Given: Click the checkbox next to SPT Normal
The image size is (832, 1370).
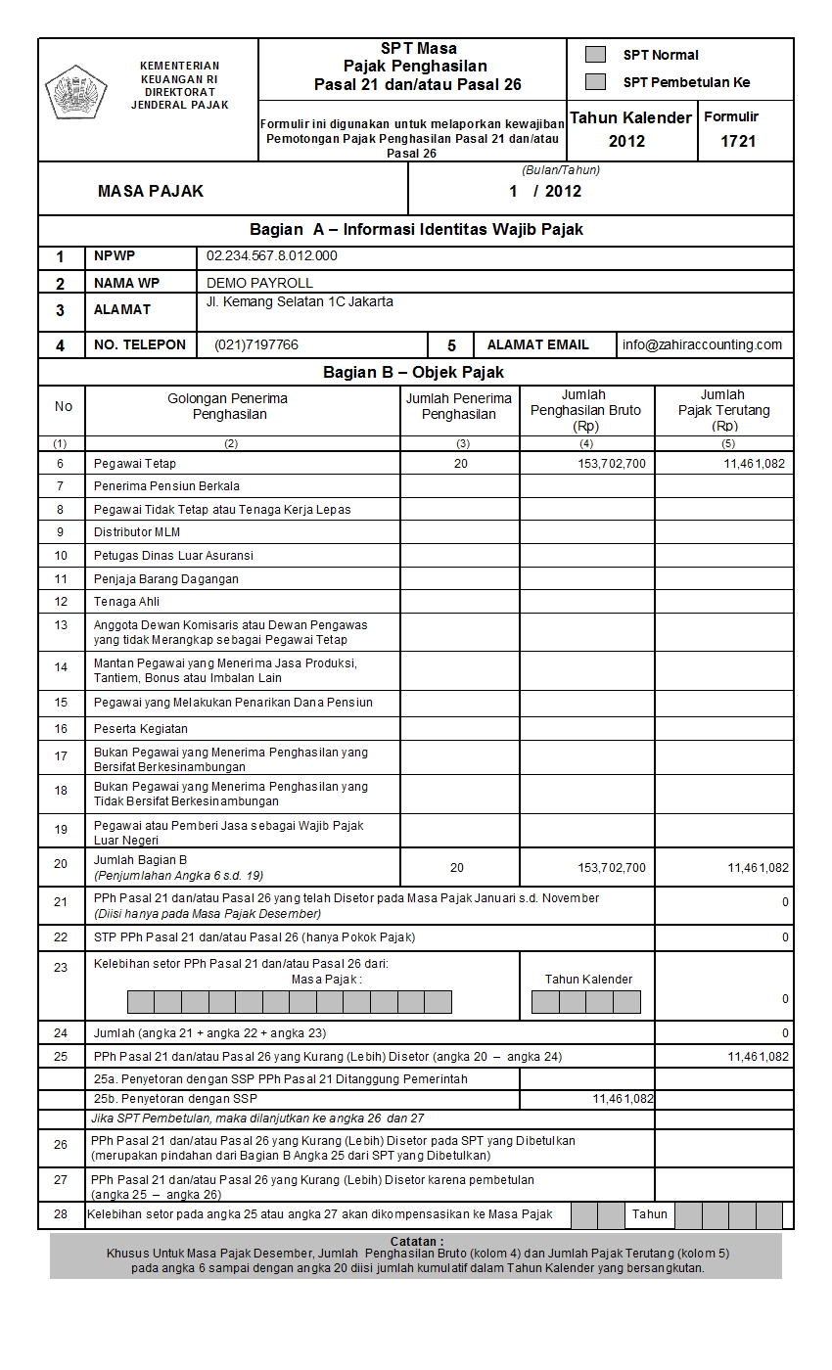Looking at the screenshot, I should point(594,55).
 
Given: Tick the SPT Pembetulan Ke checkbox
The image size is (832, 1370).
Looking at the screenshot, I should point(594,82).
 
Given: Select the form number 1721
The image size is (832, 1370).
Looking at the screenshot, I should point(738,141).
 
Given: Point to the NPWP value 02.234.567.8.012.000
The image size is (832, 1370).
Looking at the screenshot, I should point(271,256).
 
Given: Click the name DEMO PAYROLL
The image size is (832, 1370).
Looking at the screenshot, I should point(260,283).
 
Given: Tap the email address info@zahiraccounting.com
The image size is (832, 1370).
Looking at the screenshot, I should point(702,344).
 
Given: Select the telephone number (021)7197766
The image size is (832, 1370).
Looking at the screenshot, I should point(256,344).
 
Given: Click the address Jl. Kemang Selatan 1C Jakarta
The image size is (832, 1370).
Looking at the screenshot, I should point(300,302).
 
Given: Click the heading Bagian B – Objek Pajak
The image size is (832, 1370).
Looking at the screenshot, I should point(414,373).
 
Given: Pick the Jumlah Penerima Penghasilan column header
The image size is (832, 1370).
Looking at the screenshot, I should point(459,406).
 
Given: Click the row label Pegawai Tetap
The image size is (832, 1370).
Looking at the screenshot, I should point(135,463).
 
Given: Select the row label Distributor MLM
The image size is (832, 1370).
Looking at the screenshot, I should point(137,532).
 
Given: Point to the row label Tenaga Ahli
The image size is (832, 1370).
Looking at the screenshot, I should point(126,602).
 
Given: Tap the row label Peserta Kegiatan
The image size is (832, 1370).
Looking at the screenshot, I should point(141,729).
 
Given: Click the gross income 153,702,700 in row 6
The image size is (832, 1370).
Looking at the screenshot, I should point(612,464).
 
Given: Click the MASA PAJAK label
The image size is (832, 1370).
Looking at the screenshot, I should point(151,191).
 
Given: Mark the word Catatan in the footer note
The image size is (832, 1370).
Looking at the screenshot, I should point(416,1241).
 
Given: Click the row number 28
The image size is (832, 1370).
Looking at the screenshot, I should point(62,1214).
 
